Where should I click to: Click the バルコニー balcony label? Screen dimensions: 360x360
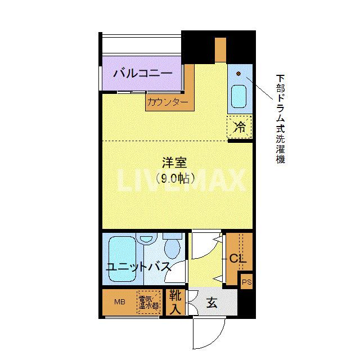(142, 73)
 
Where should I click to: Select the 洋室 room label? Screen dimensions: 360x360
(174, 163)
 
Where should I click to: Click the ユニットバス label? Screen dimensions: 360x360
(139, 267)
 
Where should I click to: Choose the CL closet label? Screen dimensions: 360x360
(236, 259)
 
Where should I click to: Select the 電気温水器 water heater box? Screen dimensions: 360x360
(148, 303)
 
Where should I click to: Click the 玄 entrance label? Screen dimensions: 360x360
(211, 303)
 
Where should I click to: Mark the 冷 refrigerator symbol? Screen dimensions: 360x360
(240, 127)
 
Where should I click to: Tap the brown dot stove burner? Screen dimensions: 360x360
(238, 74)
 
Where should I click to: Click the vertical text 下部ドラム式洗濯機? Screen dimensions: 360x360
(280, 118)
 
